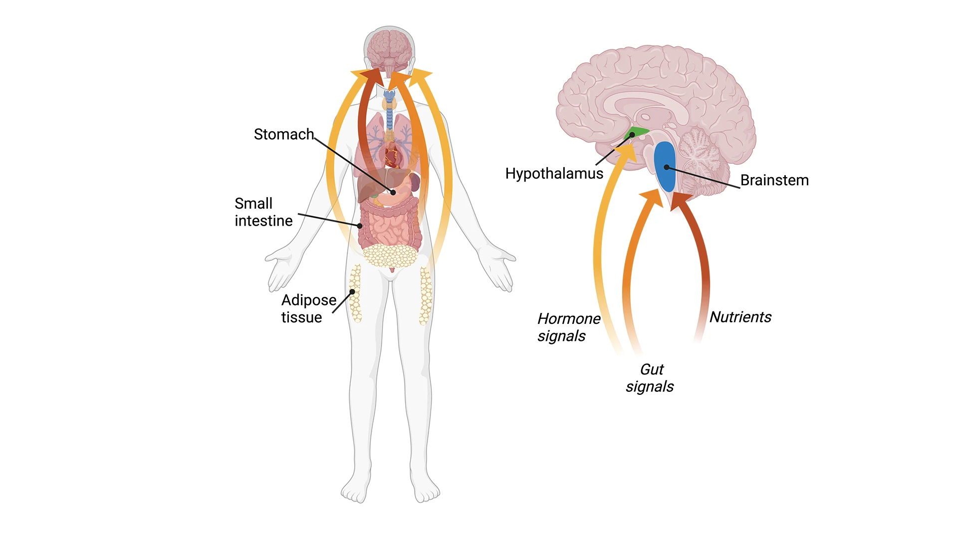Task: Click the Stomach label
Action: [283, 134]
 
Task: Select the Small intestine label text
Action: [263, 212]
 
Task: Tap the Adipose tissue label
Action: [308, 308]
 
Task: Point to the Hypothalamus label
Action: [554, 174]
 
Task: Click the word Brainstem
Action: [774, 180]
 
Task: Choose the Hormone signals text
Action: [568, 327]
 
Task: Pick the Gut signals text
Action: [650, 378]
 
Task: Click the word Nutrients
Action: [740, 317]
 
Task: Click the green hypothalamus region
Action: [636, 133]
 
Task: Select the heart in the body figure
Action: [392, 156]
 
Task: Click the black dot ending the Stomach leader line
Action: [393, 192]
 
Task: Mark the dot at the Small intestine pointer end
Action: [360, 226]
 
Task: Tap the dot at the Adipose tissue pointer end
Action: [352, 292]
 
